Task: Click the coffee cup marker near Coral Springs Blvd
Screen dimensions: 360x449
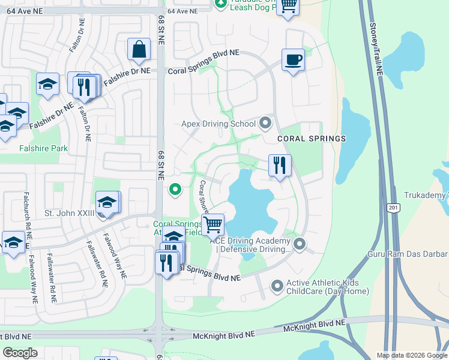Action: [293, 60]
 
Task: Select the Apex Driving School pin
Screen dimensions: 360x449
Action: [265, 124]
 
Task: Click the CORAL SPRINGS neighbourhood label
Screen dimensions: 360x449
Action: [312, 139]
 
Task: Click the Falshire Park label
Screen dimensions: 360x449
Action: [43, 148]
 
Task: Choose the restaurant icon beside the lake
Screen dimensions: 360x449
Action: [279, 165]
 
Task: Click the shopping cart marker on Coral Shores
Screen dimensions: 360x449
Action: [212, 225]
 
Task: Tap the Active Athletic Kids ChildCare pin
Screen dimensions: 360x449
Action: [277, 286]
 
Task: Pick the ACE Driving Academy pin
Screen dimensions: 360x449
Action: [300, 244]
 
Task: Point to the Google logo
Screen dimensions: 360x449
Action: [20, 353]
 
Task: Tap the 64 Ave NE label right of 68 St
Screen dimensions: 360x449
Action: [182, 11]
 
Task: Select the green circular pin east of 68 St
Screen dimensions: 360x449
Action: [175, 190]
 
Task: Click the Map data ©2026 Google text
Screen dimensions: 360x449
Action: [411, 355]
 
